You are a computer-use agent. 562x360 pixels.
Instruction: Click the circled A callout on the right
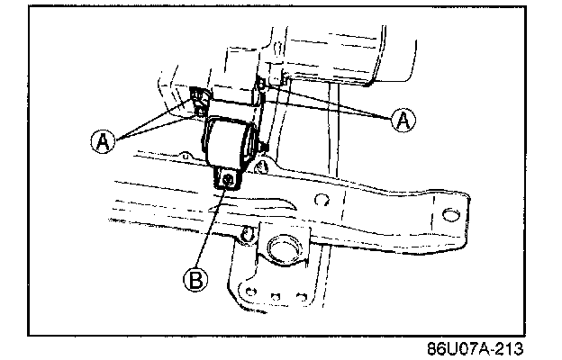(402, 120)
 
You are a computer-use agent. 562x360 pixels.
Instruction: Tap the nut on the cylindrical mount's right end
(262, 145)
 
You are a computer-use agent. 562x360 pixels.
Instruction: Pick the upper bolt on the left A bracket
(197, 94)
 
